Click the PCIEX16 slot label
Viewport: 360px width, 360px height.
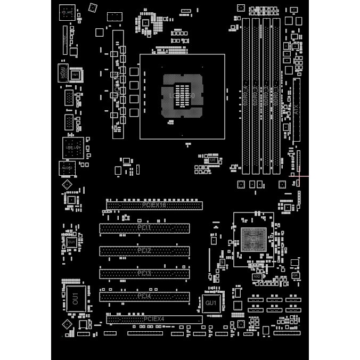click(154, 205)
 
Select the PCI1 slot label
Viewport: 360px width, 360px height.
click(144, 228)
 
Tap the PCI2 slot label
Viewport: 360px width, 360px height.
click(144, 250)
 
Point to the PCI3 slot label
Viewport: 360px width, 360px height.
click(144, 273)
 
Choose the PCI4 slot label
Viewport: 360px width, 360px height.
click(144, 296)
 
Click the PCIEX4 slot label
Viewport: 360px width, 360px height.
click(154, 319)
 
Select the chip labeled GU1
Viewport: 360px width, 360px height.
click(210, 303)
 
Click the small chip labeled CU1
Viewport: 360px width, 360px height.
click(71, 242)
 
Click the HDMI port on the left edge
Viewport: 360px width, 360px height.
click(64, 73)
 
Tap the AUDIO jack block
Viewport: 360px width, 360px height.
click(67, 168)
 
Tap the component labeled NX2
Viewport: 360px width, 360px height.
click(257, 276)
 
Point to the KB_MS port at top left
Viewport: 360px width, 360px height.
click(67, 12)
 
